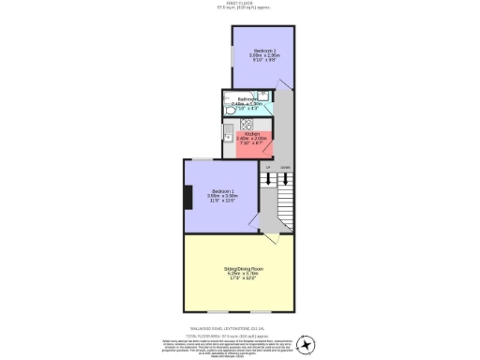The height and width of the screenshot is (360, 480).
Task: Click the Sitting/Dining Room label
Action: [x=243, y=269]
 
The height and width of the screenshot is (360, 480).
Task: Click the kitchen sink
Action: [x=229, y=134]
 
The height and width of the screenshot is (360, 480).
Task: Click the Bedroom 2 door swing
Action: [x=284, y=85]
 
